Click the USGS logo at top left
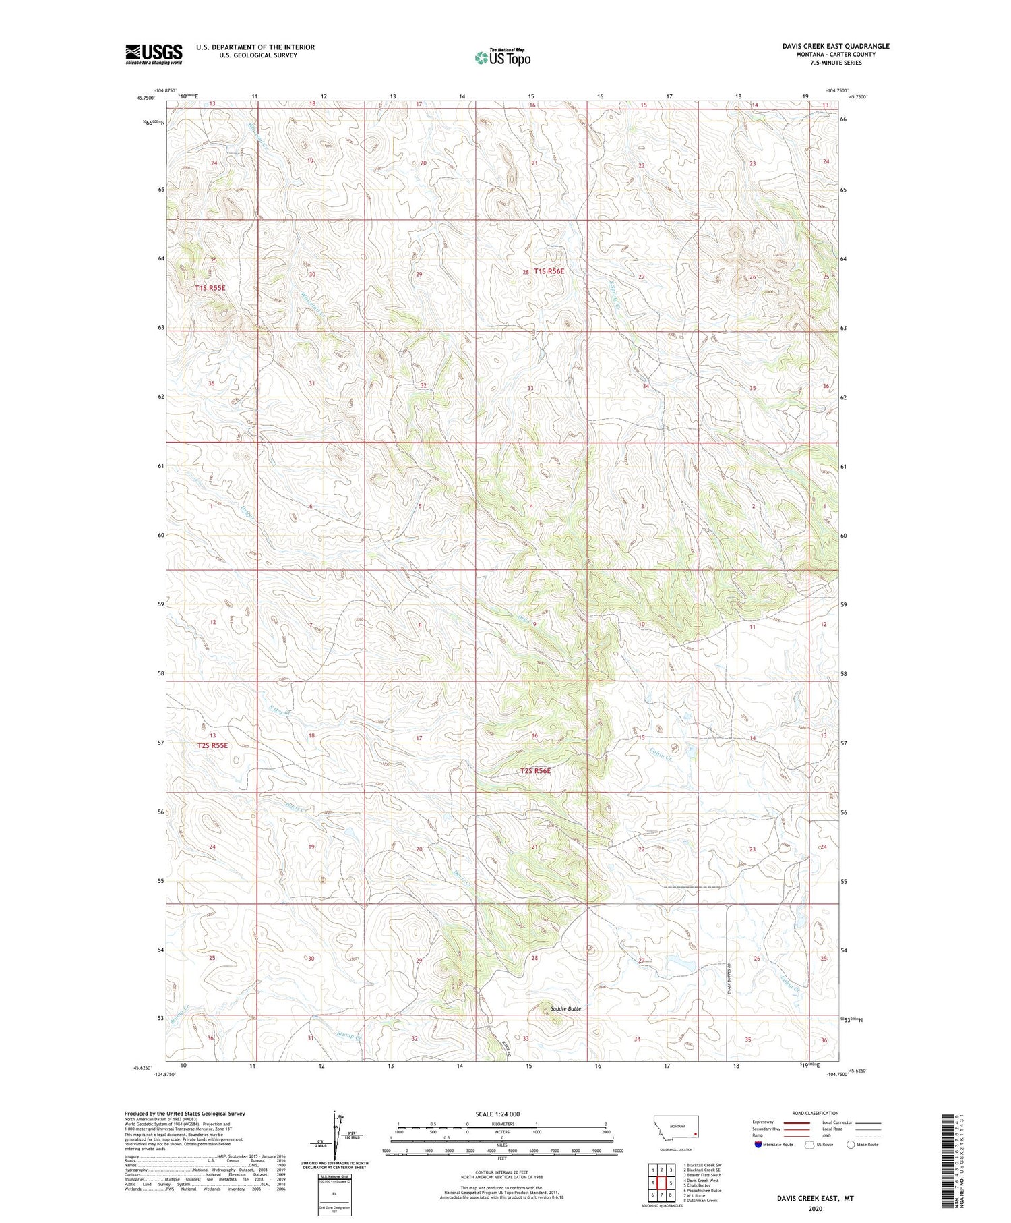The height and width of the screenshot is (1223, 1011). [154, 54]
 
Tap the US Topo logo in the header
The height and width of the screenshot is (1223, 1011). [503, 57]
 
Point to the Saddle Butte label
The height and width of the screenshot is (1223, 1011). [565, 1008]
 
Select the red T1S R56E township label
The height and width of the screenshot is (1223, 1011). [549, 271]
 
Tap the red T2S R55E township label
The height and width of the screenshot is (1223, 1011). [213, 745]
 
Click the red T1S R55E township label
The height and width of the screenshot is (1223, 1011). [210, 288]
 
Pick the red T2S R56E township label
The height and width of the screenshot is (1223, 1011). [535, 770]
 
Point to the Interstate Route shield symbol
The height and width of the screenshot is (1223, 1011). [758, 1144]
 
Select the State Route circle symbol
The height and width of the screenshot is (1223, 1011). [851, 1144]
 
